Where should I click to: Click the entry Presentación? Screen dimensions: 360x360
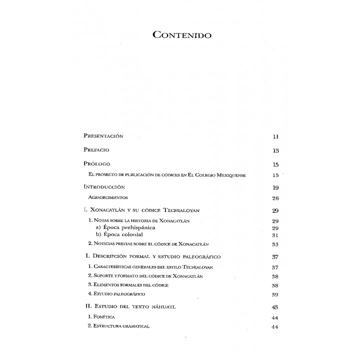(103, 136)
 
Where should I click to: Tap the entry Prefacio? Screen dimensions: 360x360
(96, 150)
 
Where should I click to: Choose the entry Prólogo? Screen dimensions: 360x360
(96, 164)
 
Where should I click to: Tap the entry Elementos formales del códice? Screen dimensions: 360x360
(128, 284)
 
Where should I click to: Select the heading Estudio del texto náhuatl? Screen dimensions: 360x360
(133, 306)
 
